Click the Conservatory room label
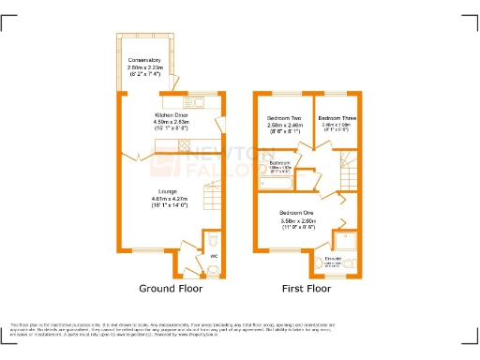tap(145, 60)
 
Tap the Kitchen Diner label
tap(172, 114)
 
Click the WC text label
tap(214, 256)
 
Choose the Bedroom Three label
tap(336, 117)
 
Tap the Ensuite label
tap(333, 258)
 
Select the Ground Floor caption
tap(172, 289)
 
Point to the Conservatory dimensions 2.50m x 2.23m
tap(145, 67)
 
